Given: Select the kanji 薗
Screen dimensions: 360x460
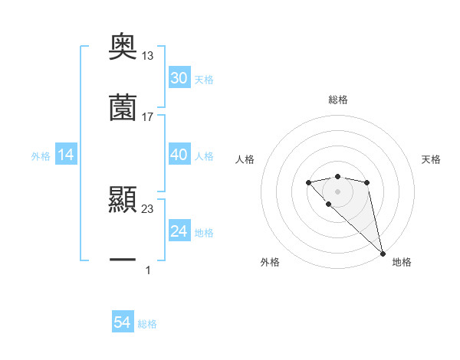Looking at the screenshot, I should coord(123,108).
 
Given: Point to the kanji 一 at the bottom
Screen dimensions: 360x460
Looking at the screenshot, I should coord(123,260).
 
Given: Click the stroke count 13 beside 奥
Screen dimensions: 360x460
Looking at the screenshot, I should coord(148,56).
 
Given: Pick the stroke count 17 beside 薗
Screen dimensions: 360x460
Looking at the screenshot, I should coord(148,116).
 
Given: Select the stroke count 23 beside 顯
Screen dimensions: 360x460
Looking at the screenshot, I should coord(148,208).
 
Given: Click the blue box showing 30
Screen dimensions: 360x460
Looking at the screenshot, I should coord(179,78).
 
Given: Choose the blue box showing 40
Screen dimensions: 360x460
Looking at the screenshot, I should coord(179,155).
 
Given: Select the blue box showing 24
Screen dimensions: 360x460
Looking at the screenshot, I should coord(179,231).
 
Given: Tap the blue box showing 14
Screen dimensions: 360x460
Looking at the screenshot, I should coord(66,155).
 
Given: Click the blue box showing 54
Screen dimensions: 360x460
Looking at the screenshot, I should coord(123,322).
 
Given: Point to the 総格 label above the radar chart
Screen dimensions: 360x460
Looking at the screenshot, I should coord(338,100).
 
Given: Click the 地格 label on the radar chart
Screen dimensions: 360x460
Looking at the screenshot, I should coord(402,262).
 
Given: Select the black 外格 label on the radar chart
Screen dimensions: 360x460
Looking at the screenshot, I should coord(270,262).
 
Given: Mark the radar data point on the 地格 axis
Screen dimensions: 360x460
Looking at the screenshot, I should coord(383,253).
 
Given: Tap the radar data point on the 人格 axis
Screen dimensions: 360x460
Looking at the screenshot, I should coord(308,182).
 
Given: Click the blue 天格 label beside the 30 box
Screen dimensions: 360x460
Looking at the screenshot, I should coord(204,79).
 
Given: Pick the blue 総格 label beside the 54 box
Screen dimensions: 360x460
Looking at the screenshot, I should coord(147,324).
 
